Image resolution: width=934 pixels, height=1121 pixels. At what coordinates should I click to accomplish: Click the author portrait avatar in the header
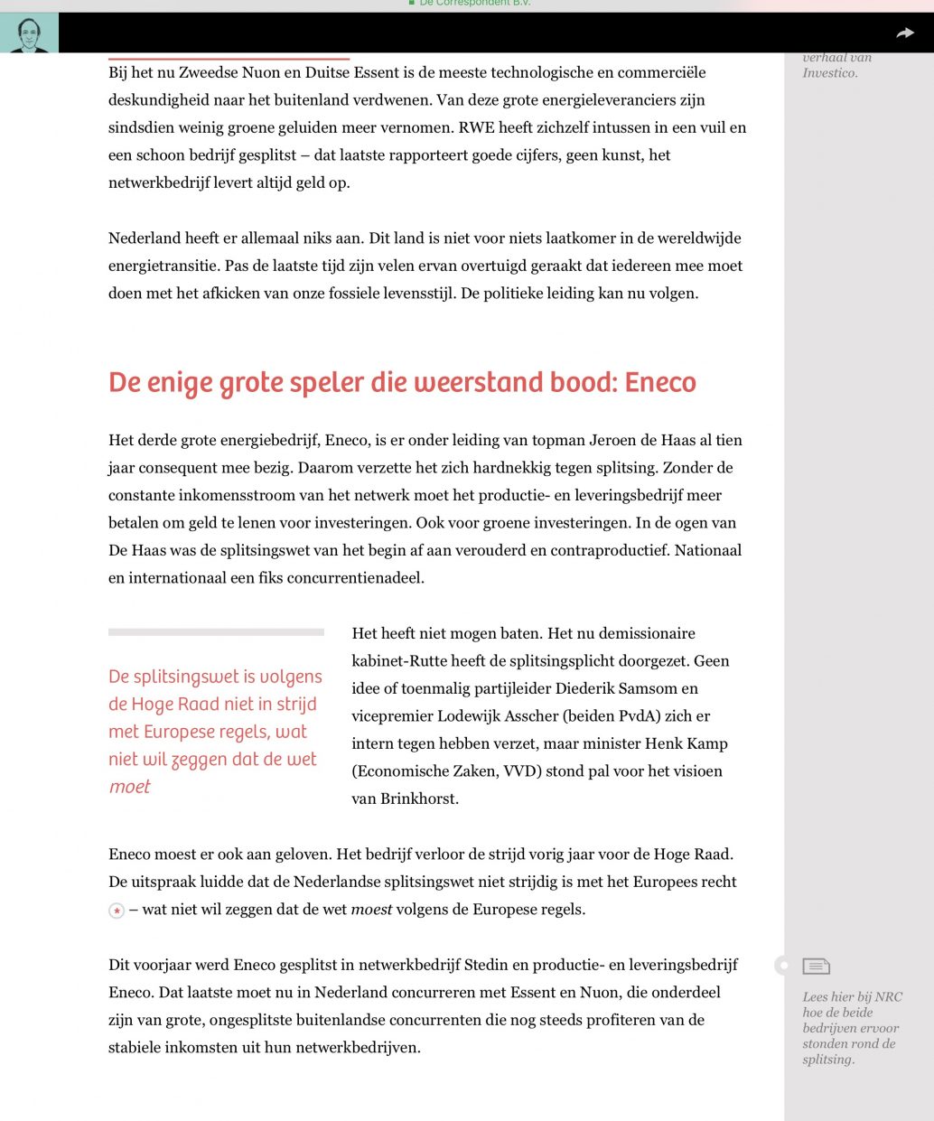tap(29, 33)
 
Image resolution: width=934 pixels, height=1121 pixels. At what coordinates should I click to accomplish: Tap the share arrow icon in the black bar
tap(904, 33)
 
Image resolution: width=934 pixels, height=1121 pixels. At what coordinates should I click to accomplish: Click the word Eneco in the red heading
tap(660, 382)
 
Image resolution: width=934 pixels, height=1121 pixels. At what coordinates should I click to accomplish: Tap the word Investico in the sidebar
tap(828, 73)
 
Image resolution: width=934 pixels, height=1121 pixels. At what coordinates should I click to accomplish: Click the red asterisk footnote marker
tap(117, 911)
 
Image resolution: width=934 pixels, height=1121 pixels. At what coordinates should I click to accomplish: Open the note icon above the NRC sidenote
tap(816, 967)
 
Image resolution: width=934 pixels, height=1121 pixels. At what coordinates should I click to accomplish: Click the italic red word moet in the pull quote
tap(129, 787)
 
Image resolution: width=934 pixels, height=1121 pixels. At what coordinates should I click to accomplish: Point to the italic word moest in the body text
tap(371, 910)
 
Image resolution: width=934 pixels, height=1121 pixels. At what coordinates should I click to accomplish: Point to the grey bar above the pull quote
tap(216, 632)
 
